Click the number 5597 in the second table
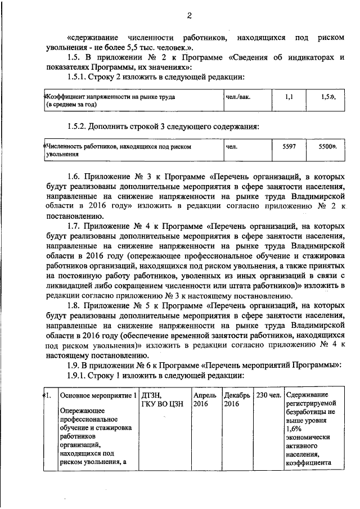point(289,146)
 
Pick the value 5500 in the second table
point(326,146)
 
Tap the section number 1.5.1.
point(78,76)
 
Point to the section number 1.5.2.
point(78,125)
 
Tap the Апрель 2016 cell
point(203,399)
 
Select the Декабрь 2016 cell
point(236,399)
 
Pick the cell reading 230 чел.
point(268,395)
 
